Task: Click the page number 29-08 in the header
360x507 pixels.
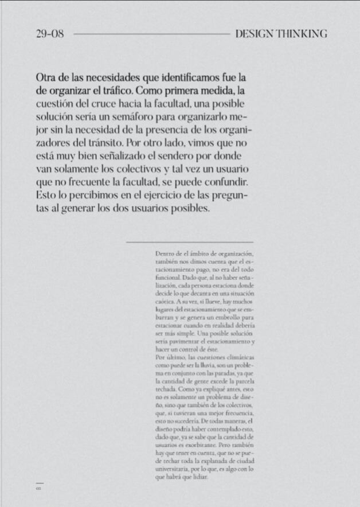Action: coord(49,34)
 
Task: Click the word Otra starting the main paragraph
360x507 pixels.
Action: coord(46,77)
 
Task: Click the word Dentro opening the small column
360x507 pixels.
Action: coord(165,253)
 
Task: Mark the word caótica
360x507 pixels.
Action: coord(165,300)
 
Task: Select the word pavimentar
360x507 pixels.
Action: coord(195,341)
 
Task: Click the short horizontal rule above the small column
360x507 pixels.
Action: coord(190,243)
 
